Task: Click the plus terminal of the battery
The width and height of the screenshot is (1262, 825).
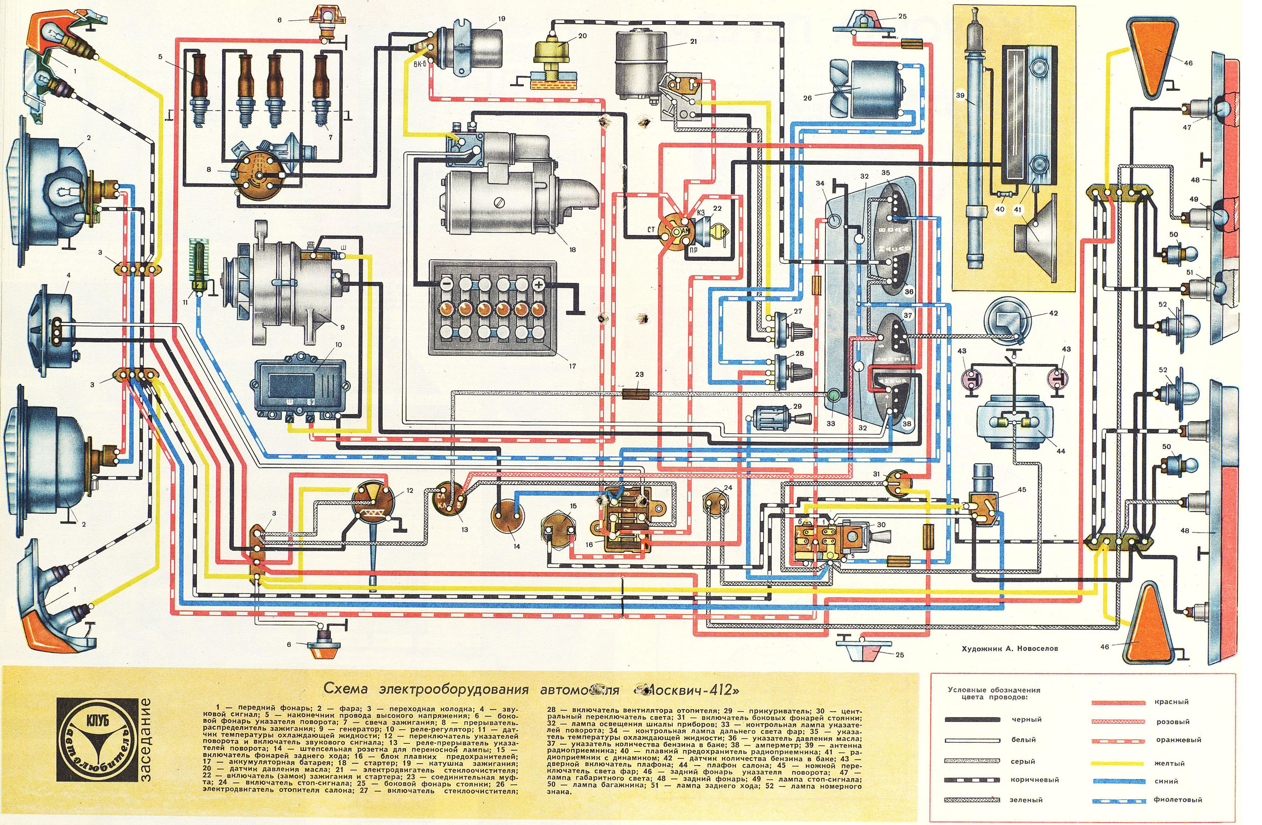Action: (x=539, y=285)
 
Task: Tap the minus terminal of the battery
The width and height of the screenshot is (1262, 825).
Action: (x=446, y=284)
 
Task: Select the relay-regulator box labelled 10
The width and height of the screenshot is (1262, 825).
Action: (x=300, y=387)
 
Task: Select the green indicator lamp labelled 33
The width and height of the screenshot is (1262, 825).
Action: (x=833, y=395)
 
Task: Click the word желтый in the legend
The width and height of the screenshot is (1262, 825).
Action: (x=1169, y=763)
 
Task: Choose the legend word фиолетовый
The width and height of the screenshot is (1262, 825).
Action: (x=1178, y=800)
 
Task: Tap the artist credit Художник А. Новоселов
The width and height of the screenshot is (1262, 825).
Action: (x=1010, y=648)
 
